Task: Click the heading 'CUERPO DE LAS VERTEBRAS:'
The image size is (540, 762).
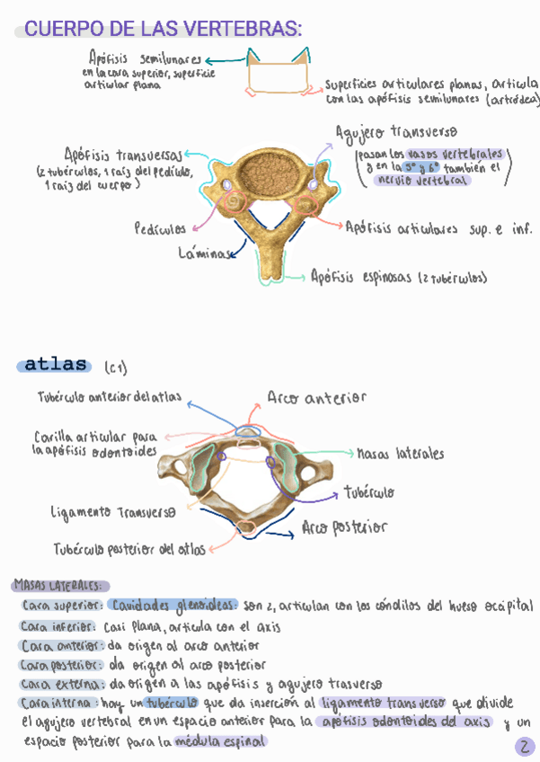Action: pos(162,30)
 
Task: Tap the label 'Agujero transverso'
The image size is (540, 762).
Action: pos(396,133)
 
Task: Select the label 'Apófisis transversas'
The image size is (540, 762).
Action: pos(124,154)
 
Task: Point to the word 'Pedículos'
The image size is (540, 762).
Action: pos(160,228)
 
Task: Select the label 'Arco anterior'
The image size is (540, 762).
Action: pos(316,397)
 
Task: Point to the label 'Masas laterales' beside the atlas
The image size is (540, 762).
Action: pos(400,454)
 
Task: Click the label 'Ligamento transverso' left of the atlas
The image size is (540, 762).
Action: pos(113,512)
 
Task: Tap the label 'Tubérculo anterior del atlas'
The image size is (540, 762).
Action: pos(110,397)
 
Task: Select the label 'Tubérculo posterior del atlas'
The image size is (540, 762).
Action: pos(128,547)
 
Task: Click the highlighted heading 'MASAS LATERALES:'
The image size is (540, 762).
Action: pos(61,585)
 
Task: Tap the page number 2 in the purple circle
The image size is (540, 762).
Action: pos(525,747)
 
